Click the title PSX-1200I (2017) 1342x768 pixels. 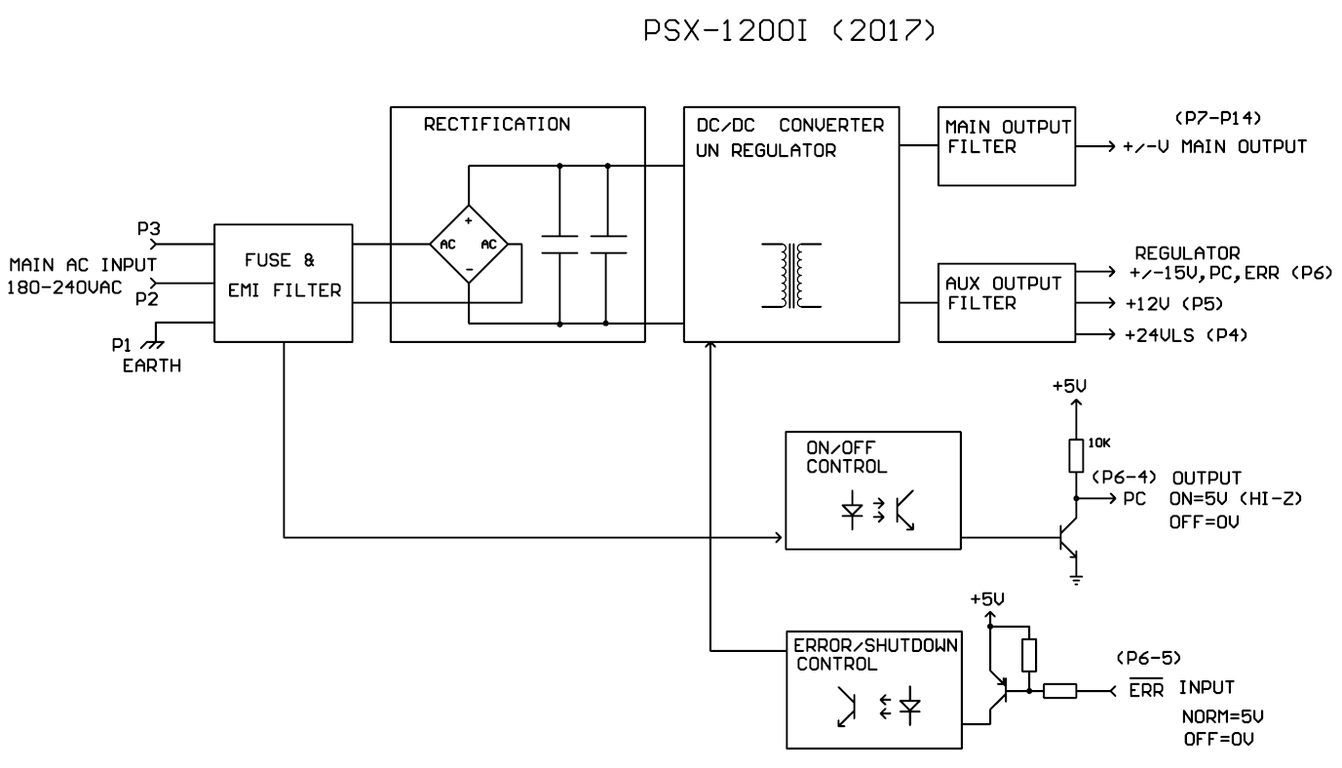tap(789, 30)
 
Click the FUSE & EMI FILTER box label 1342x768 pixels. tap(285, 275)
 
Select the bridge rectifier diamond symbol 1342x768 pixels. tap(469, 244)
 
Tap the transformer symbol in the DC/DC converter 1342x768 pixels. tap(791, 276)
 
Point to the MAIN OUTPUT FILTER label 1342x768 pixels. tap(1008, 136)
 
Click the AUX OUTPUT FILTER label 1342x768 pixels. tap(1003, 293)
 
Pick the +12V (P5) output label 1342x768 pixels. tap(1173, 304)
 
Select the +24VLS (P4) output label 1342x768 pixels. tap(1186, 335)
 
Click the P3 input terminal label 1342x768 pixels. tap(148, 228)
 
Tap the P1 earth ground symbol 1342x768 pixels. tap(152, 345)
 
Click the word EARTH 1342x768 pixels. tap(152, 365)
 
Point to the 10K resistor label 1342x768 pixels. tap(1098, 442)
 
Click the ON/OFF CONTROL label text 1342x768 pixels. tap(846, 457)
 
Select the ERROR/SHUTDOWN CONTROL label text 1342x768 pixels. tap(875, 655)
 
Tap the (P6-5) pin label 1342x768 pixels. tap(1148, 658)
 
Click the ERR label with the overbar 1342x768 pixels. tap(1146, 689)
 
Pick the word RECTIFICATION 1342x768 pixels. tap(497, 124)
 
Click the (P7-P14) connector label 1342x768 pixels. tap(1217, 118)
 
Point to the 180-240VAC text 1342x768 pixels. tap(64, 288)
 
